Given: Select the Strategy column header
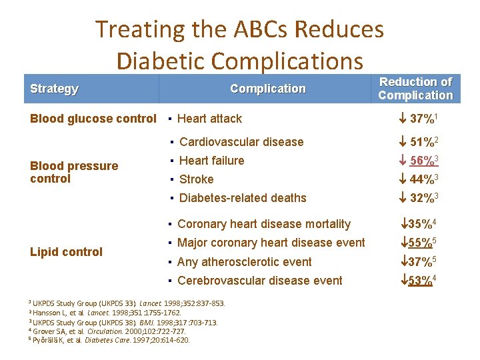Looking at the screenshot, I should (55, 89).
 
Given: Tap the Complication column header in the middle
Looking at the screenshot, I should (267, 89).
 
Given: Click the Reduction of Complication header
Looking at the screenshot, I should (415, 89).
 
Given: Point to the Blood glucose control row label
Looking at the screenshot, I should (93, 119).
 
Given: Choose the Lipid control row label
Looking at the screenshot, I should (67, 252).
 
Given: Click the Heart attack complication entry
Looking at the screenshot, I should (209, 119).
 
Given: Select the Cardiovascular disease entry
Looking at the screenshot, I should (241, 142).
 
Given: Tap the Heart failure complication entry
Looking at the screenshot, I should (212, 161).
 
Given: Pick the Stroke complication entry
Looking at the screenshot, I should (197, 179).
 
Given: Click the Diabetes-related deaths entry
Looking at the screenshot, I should (243, 198).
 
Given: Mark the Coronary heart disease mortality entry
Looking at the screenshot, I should (264, 224).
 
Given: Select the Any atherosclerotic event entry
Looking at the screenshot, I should (245, 262).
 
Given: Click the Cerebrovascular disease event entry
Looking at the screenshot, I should (260, 281).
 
